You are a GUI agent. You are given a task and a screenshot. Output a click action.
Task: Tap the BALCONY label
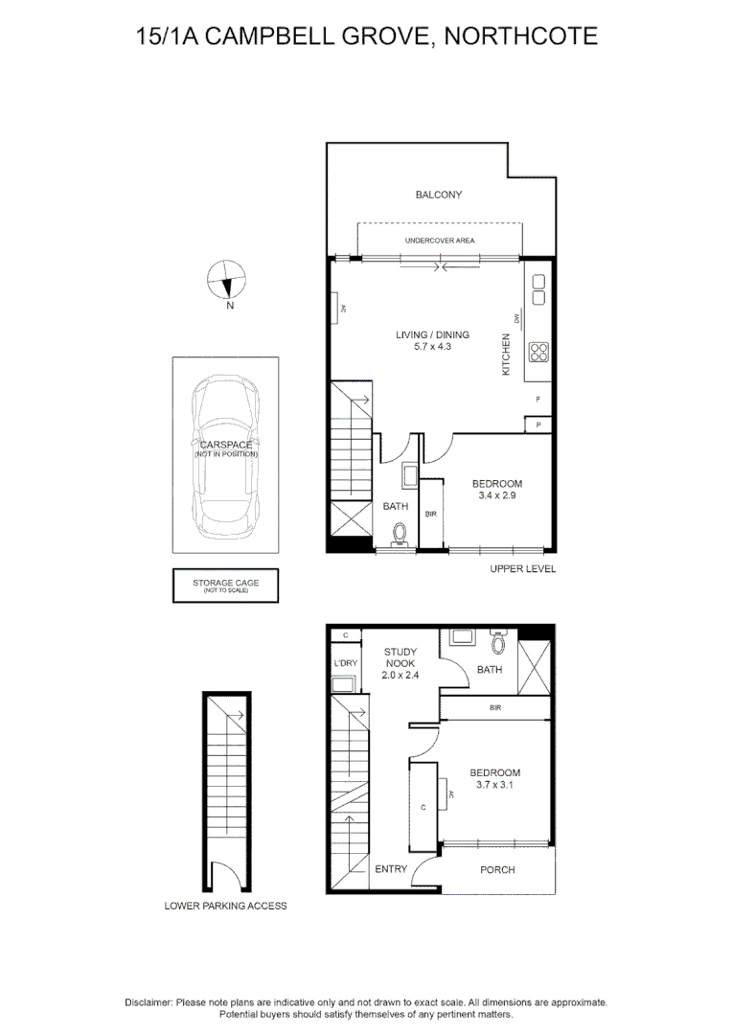(439, 195)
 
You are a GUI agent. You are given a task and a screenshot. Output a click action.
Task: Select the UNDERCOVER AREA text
(440, 241)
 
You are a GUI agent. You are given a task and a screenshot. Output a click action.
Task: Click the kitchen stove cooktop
(538, 352)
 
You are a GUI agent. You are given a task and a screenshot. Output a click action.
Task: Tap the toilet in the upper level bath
(400, 533)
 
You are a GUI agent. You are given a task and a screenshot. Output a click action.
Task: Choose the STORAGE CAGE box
(225, 586)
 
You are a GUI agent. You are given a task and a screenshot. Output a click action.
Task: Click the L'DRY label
(344, 663)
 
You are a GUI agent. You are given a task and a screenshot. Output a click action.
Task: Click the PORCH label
(497, 870)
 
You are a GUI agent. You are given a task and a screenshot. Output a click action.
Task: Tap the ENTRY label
(391, 870)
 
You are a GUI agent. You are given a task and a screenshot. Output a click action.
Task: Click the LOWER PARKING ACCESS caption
(225, 906)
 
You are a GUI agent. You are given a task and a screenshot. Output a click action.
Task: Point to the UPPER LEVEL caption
(522, 568)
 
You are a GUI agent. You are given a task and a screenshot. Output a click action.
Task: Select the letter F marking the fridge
(538, 399)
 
